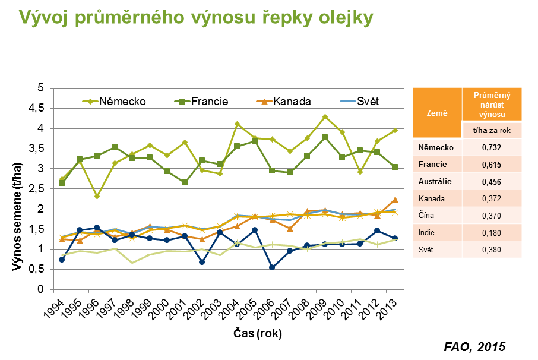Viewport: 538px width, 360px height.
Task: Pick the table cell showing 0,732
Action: tap(491, 147)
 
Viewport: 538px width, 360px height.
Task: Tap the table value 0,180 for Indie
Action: tap(491, 232)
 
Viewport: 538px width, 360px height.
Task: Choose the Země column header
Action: tap(436, 113)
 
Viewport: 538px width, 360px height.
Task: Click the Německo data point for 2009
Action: tap(325, 117)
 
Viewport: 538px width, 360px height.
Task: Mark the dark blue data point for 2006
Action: tap(272, 267)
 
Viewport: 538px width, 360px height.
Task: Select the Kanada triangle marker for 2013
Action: tap(395, 200)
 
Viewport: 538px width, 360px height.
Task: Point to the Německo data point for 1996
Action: tap(97, 196)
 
